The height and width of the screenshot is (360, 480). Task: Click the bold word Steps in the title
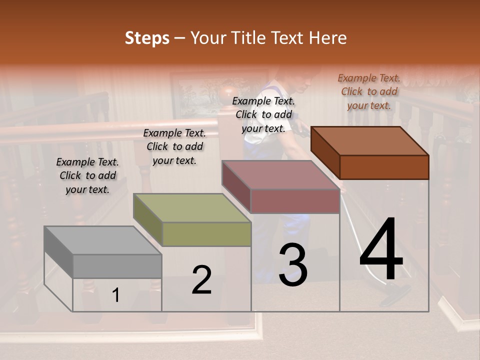point(147,38)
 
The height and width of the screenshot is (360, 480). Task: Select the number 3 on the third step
point(292,265)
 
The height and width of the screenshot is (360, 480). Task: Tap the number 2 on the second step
point(201,280)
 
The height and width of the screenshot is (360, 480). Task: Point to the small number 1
point(116,295)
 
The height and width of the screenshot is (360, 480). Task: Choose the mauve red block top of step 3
point(280,174)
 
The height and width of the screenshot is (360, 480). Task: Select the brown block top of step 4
point(370,140)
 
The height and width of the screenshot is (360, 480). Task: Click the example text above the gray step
point(87,175)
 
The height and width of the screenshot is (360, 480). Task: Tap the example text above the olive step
point(174,146)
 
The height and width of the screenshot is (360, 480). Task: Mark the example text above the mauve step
point(263,114)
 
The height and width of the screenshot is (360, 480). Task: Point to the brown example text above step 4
point(369,91)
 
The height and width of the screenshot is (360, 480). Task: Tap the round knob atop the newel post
point(230,96)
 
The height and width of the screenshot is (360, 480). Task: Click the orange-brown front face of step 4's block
point(384,167)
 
